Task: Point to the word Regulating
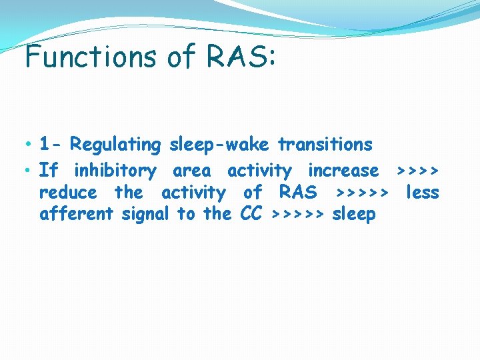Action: tap(115, 145)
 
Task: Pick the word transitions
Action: tap(325, 144)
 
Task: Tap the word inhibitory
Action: tap(115, 171)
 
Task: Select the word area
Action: tap(191, 171)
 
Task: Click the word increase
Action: tap(343, 171)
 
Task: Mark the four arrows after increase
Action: tap(417, 171)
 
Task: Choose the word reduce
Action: tap(67, 193)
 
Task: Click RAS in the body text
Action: tap(298, 193)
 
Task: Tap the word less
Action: tap(423, 193)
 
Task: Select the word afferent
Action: tap(77, 214)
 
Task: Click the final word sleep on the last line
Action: tap(354, 215)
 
